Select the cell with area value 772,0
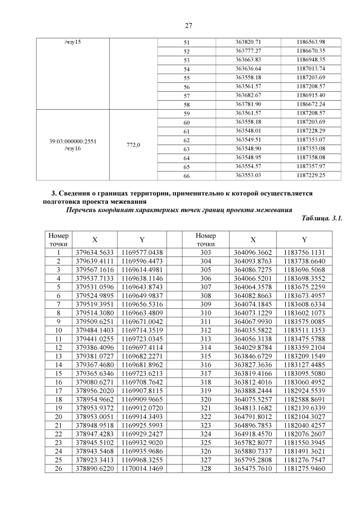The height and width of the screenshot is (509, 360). click(x=133, y=145)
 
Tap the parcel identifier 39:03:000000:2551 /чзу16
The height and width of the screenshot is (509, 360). click(x=73, y=145)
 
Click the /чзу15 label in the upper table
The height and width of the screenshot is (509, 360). click(x=73, y=42)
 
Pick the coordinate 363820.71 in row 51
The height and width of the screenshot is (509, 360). click(x=248, y=42)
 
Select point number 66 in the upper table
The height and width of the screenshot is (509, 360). click(x=187, y=175)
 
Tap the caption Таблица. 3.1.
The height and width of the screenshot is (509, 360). click(x=322, y=217)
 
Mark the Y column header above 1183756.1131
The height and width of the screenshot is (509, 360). click(x=304, y=240)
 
